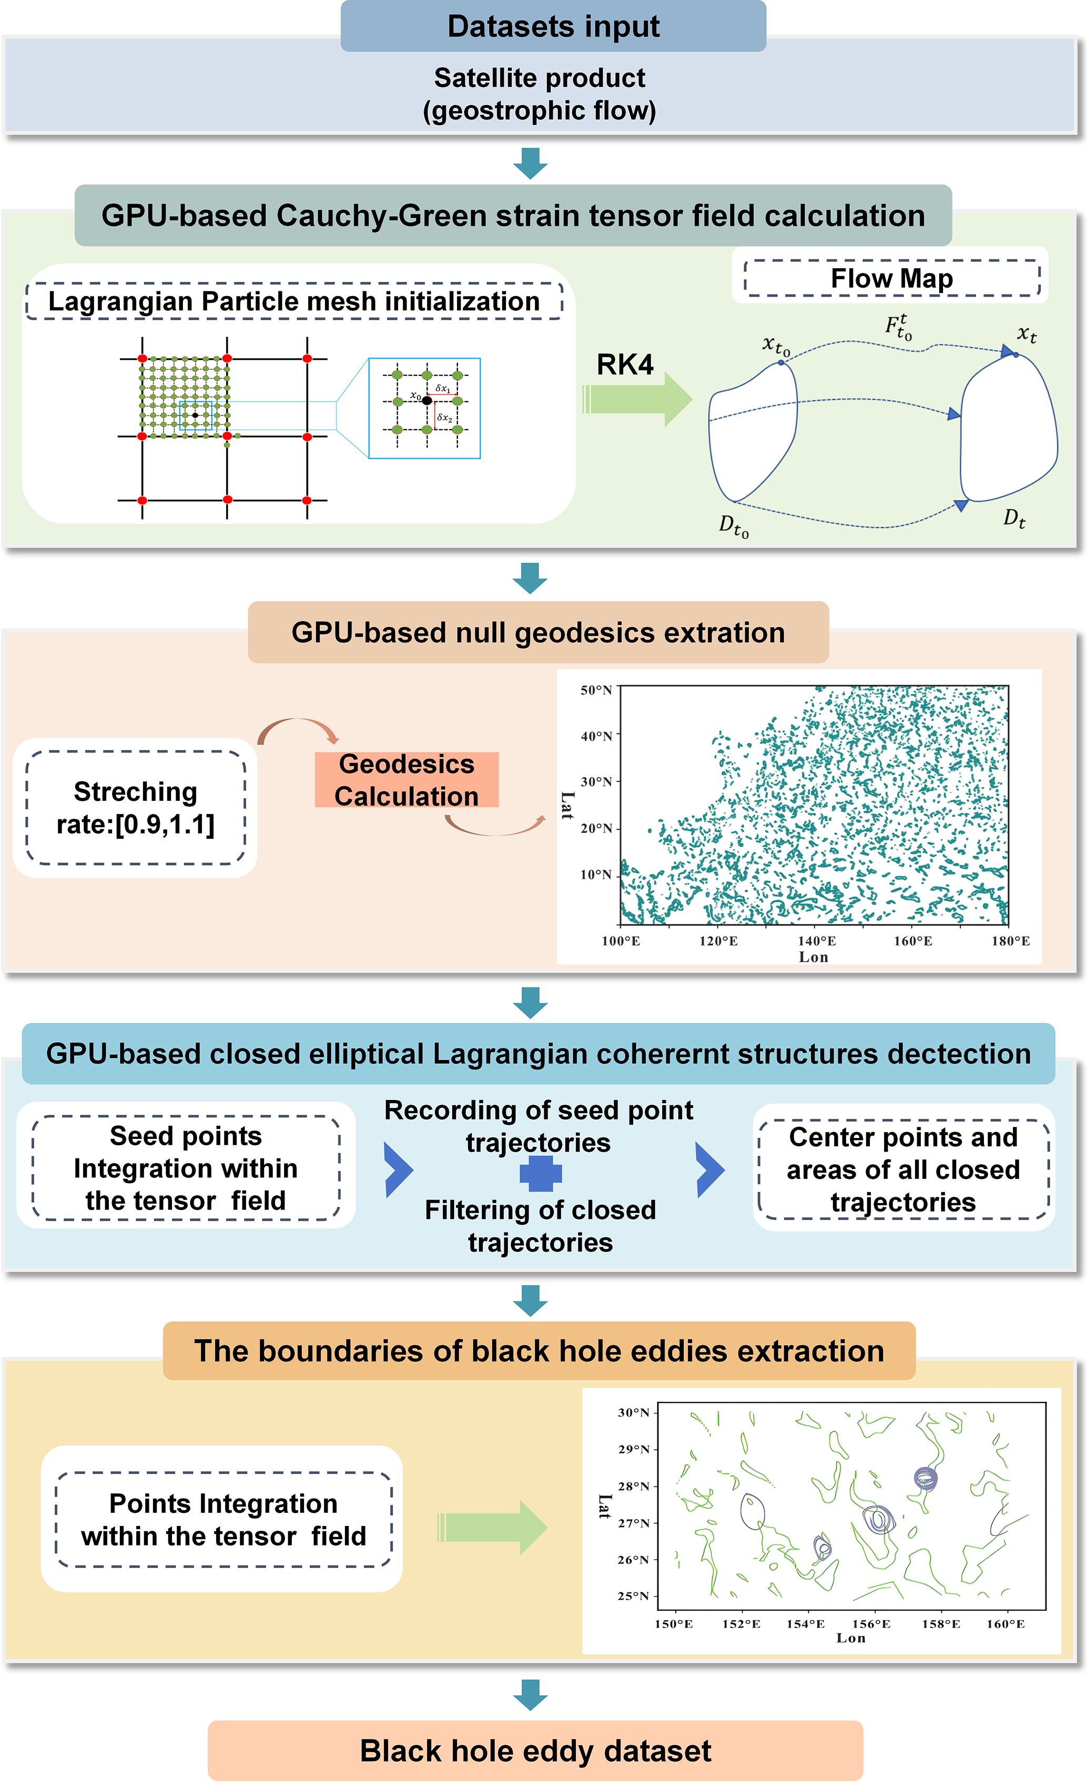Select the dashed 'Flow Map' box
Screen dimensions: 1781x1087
tap(891, 278)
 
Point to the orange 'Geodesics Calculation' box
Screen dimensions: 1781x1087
tap(406, 780)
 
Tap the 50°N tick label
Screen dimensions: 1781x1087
tap(596, 690)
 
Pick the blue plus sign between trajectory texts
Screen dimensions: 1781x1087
tap(541, 1173)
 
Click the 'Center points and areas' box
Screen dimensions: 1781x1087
tap(903, 1169)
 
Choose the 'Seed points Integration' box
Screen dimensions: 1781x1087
tap(186, 1168)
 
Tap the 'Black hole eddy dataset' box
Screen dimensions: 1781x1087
tap(535, 1751)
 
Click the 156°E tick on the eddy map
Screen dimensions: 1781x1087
tap(871, 1623)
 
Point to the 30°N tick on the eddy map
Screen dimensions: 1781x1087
tap(634, 1412)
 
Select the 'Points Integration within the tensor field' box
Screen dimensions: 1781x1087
tap(224, 1519)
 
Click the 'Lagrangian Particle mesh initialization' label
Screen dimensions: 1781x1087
tap(294, 301)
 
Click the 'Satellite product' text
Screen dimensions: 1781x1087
tap(539, 78)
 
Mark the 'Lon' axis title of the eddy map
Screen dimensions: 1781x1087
tap(851, 1638)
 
